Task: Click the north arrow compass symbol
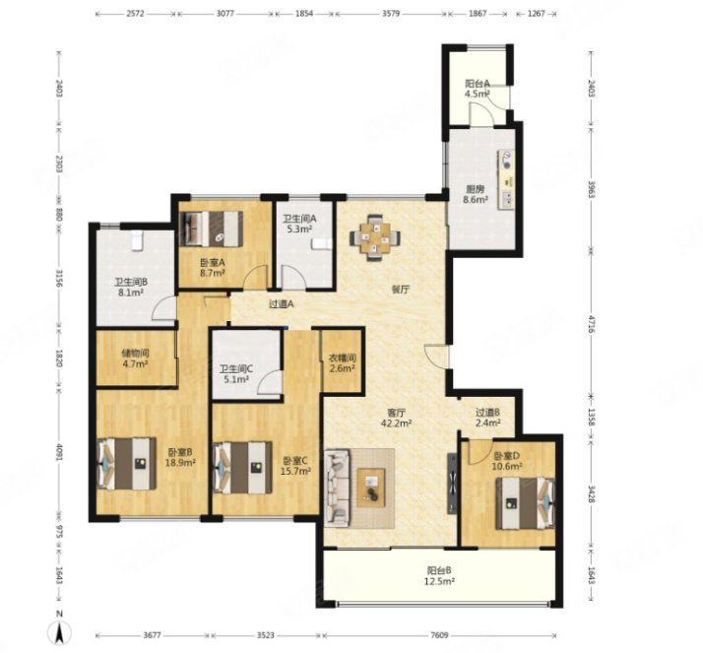59,633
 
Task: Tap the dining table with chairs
374,237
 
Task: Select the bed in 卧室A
211,229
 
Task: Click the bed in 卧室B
127,464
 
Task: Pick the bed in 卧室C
242,468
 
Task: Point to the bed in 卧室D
525,503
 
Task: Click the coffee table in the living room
371,488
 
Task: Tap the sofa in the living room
337,488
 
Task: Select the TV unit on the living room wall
452,484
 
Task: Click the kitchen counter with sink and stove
506,179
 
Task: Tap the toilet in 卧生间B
137,240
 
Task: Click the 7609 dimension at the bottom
439,635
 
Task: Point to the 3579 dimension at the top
391,14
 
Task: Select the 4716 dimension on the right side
592,324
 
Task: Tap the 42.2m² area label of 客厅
397,423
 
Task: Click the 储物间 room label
135,353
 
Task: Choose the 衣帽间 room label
343,358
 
